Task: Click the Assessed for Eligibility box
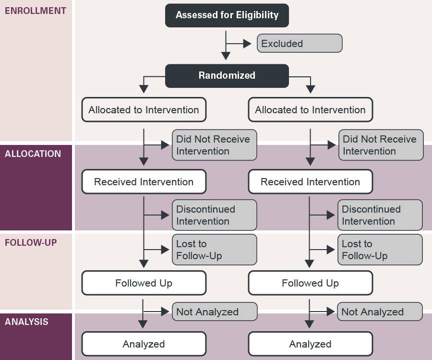(x=227, y=15)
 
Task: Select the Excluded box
(x=300, y=43)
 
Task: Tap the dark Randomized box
(x=227, y=75)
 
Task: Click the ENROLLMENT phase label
(x=36, y=11)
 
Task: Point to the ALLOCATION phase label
(x=33, y=154)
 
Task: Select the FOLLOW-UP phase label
(x=31, y=242)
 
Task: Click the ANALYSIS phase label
(x=26, y=322)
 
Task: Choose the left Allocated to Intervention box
(x=144, y=110)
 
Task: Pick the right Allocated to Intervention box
(x=310, y=110)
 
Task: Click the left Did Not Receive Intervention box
(x=215, y=145)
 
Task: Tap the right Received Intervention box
(x=310, y=182)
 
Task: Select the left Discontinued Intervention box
(x=215, y=215)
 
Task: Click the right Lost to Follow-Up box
(x=380, y=250)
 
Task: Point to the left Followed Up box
(x=144, y=283)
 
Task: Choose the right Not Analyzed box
(x=380, y=312)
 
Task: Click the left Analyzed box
(x=144, y=344)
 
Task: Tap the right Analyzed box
(x=310, y=344)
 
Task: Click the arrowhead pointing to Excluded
(x=247, y=44)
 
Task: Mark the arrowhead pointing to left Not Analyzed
(x=165, y=312)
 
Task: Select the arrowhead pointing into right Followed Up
(x=310, y=264)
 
